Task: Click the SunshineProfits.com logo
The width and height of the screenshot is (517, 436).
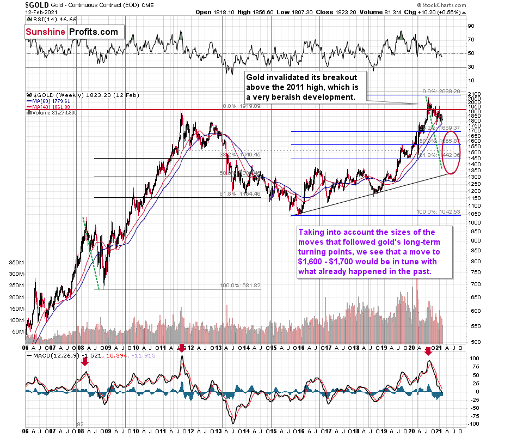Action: pyautogui.click(x=71, y=32)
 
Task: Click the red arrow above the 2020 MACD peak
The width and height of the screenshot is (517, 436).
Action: pyautogui.click(x=428, y=352)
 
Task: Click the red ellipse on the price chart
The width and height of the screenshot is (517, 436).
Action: pyautogui.click(x=452, y=152)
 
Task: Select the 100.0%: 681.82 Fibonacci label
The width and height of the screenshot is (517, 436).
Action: pyautogui.click(x=240, y=286)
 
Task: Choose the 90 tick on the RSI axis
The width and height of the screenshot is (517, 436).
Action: pyautogui.click(x=471, y=26)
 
